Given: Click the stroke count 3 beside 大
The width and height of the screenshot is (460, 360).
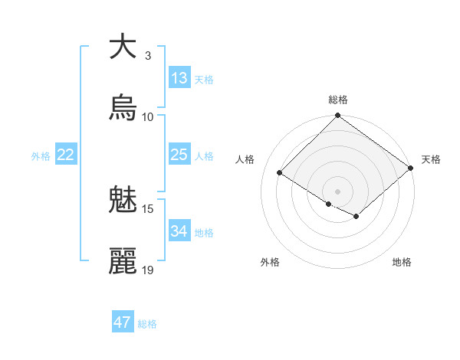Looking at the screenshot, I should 148,55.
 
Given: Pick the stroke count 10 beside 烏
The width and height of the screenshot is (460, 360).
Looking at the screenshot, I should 148,116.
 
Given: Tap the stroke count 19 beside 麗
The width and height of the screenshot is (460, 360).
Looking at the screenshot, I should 148,270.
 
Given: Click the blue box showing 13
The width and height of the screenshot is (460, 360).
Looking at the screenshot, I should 179,78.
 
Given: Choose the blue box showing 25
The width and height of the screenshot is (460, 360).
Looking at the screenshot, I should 179,155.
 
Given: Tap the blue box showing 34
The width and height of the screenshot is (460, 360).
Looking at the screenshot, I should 179,231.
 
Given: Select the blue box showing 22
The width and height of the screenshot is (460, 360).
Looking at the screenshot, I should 66,155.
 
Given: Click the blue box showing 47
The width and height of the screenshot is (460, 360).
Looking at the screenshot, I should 123,322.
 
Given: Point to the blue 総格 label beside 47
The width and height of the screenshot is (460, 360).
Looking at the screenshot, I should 147,324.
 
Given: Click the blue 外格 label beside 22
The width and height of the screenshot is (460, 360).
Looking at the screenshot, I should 41,156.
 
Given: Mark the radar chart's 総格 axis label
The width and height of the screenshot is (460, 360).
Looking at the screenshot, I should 338,100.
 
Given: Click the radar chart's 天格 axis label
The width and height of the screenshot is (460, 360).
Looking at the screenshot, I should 431,159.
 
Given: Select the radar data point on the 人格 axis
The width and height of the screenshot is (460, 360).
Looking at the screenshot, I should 280,172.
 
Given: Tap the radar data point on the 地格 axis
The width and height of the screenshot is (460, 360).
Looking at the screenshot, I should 356,217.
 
